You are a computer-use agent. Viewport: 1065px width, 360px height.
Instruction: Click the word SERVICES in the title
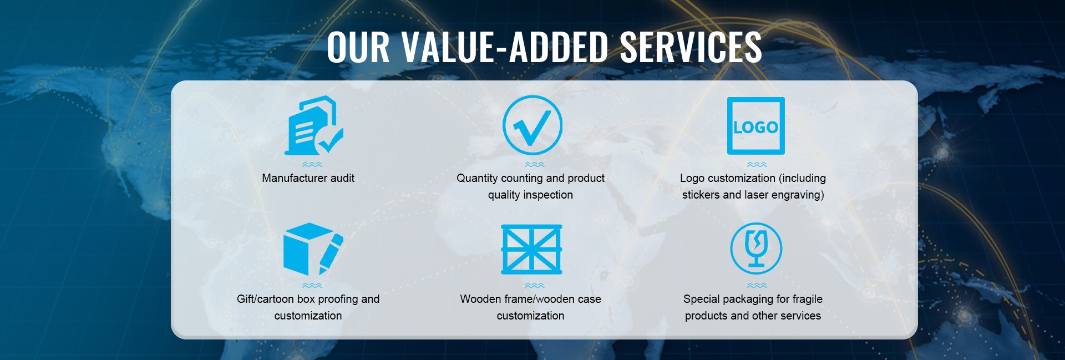pos(691,47)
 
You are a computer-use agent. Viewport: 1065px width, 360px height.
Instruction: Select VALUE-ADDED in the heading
pos(505,47)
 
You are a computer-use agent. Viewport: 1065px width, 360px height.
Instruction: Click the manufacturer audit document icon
pos(314,125)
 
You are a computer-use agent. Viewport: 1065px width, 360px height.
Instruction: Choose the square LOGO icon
pos(756,126)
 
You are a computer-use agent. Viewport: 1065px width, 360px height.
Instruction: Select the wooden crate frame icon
pos(531,249)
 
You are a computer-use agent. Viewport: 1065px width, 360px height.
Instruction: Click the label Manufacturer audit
pos(308,178)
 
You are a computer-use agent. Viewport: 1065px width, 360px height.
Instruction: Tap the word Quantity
pos(477,178)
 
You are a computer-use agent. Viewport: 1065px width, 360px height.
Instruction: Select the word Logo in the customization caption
pos(692,178)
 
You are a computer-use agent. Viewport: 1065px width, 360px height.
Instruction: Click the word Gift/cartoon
pos(265,299)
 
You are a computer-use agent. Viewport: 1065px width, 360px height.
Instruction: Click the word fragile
pos(808,299)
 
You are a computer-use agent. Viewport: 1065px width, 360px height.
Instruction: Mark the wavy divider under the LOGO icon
pos(757,165)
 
